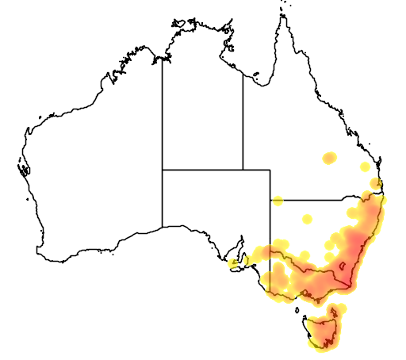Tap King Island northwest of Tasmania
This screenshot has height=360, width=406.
[x=301, y=305]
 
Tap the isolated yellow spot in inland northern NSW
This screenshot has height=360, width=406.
[x=308, y=219]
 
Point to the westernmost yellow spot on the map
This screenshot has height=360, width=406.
[x=233, y=262]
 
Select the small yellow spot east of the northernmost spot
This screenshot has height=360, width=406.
[x=365, y=167]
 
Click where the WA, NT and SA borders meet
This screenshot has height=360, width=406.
[x=163, y=170]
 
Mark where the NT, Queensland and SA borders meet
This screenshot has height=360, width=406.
[x=243, y=170]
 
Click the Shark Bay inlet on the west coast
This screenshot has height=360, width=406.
[x=23, y=167]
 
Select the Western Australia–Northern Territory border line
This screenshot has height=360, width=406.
[x=163, y=111]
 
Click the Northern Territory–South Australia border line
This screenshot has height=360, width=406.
[x=202, y=170]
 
